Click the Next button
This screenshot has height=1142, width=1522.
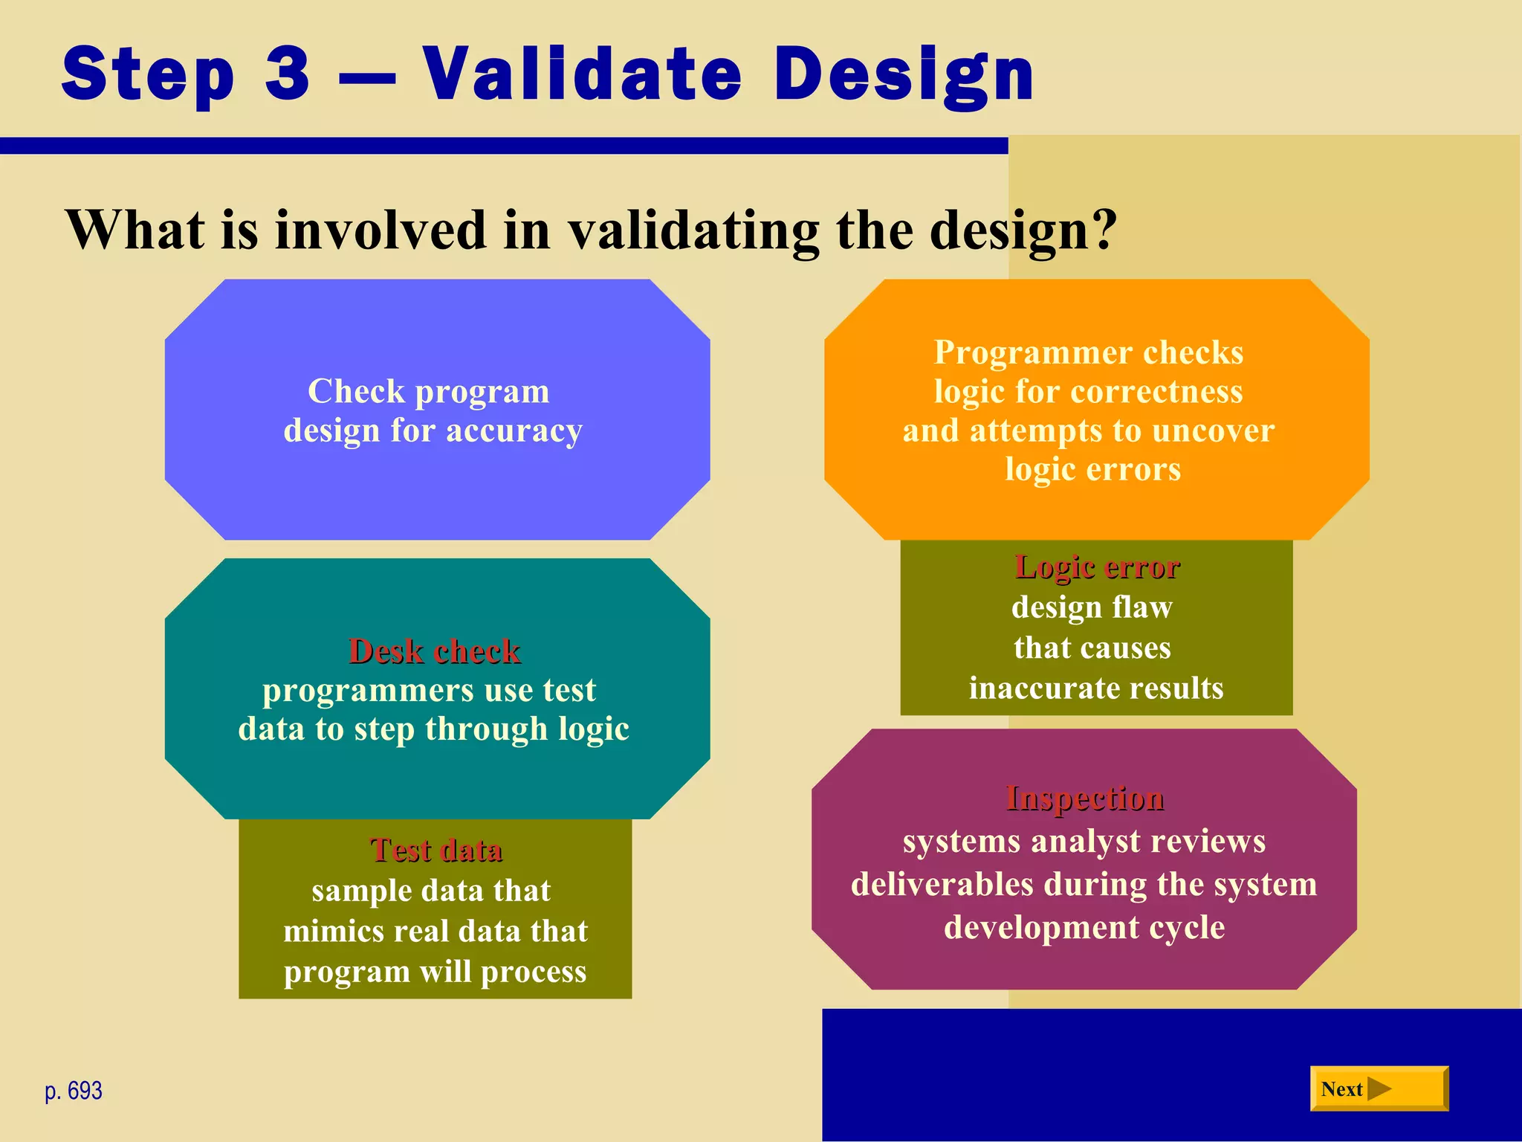pos(1378,1088)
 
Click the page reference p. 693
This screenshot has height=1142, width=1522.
pos(74,1091)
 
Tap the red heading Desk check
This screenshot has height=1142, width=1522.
pos(434,651)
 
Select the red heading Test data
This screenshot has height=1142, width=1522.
pos(435,850)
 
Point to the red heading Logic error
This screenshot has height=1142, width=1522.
pos(1097,567)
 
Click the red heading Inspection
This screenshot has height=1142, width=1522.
pos(1084,798)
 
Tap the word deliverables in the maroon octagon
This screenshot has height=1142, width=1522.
pos(942,884)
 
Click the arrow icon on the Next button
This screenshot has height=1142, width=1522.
pos(1379,1088)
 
